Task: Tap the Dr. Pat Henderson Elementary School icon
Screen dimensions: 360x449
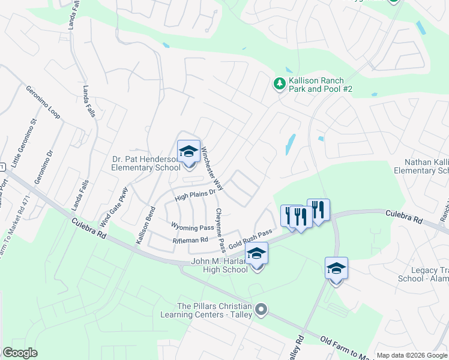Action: tap(188, 151)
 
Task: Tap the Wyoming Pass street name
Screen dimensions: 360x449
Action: tap(193, 227)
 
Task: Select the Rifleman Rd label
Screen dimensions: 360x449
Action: tap(190, 240)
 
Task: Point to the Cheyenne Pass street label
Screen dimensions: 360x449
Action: tap(220, 230)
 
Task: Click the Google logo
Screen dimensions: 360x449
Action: tap(20, 353)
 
